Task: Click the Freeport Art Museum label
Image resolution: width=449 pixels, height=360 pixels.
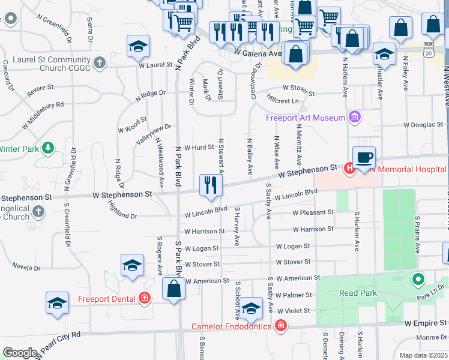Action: tap(306, 117)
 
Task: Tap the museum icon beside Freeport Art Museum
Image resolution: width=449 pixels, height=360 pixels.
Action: tap(354, 117)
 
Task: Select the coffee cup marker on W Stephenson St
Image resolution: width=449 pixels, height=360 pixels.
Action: tap(364, 158)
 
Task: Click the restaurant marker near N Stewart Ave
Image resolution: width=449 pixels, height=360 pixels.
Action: tap(211, 184)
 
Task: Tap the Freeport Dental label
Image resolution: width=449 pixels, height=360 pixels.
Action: tap(107, 298)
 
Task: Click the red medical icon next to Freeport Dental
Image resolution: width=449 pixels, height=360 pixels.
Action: tap(144, 298)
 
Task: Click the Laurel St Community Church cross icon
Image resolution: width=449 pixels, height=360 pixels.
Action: tap(100, 62)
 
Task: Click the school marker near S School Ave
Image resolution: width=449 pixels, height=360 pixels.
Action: tap(252, 308)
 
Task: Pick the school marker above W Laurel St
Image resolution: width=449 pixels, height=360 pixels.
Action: tap(138, 47)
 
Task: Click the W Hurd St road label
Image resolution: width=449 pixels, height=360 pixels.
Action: tap(199, 148)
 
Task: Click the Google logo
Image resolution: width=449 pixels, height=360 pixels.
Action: tap(20, 352)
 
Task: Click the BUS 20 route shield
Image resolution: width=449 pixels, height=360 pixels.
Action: tap(428, 49)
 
